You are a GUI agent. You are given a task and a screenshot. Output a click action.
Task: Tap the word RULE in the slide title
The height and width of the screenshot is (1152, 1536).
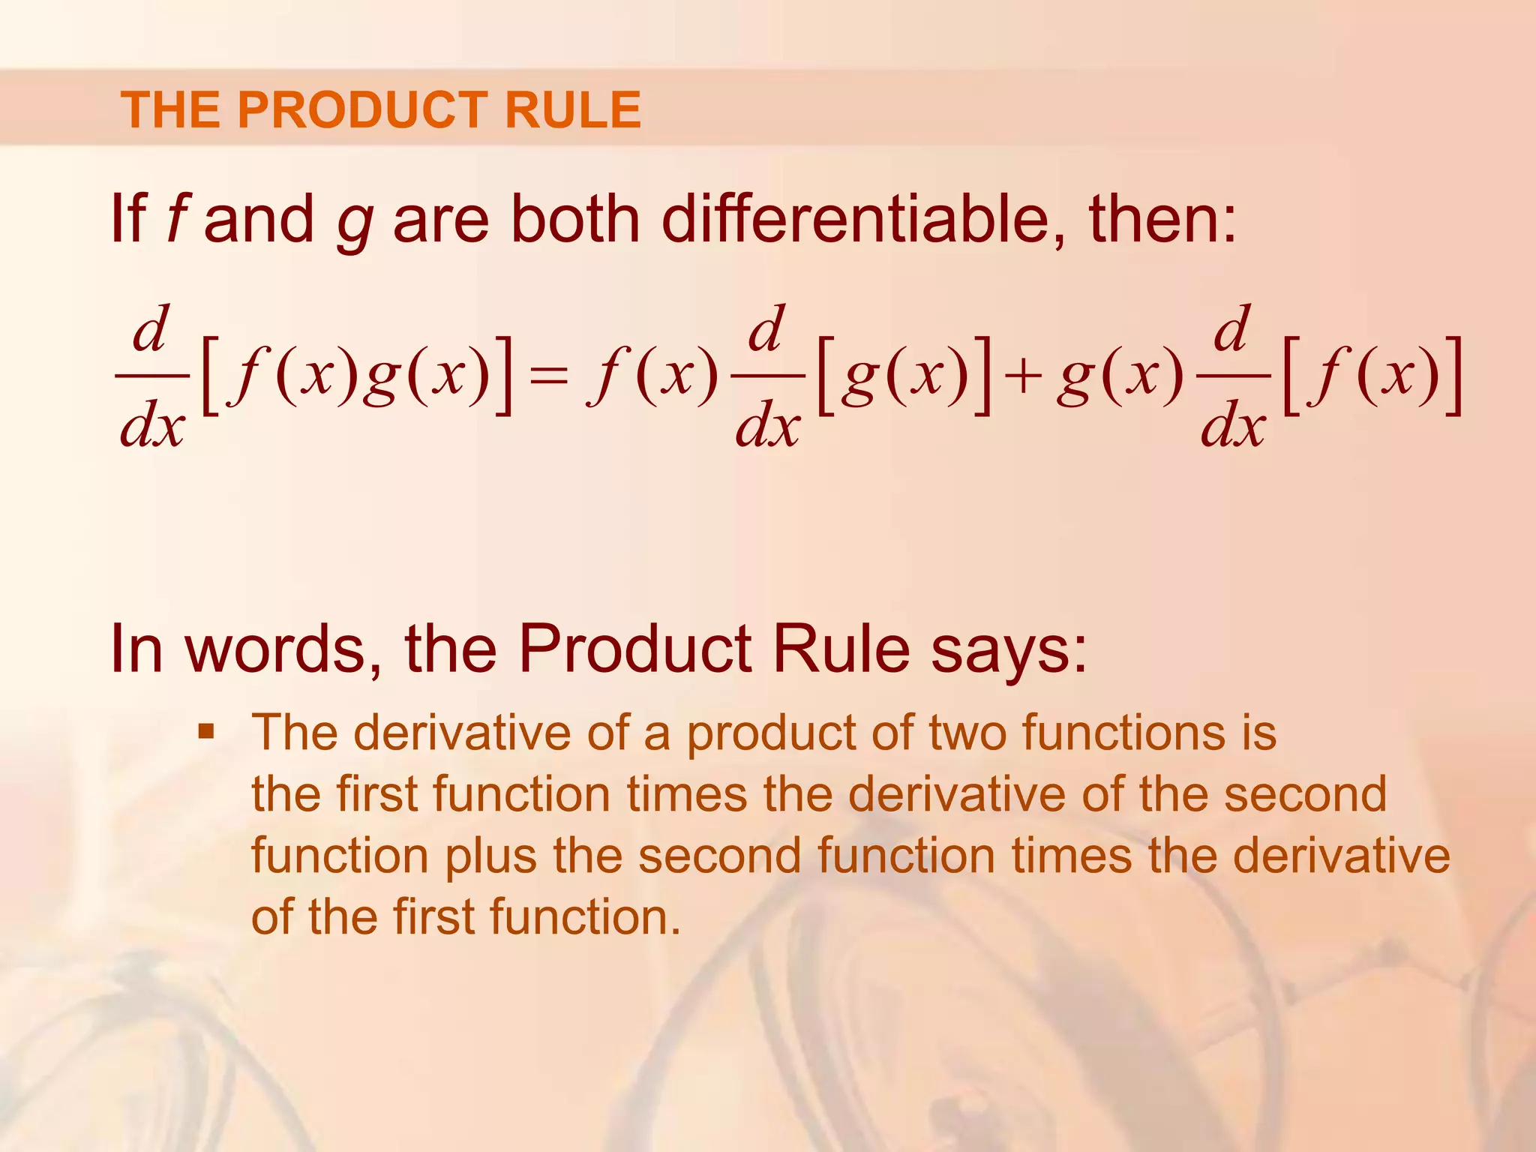(x=572, y=110)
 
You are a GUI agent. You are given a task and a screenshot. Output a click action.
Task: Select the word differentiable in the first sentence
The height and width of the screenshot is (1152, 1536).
(x=854, y=219)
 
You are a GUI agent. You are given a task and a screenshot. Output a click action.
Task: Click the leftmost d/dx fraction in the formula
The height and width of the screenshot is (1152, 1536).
(x=152, y=375)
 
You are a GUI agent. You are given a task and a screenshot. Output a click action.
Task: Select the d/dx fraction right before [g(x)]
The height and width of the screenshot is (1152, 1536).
(x=767, y=375)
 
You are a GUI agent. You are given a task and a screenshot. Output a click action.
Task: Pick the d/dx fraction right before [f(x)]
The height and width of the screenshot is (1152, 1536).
(x=1233, y=375)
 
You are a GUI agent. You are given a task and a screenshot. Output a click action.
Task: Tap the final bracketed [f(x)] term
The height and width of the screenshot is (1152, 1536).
(x=1372, y=375)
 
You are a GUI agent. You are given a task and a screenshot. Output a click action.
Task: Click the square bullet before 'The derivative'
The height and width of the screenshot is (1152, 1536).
(x=206, y=730)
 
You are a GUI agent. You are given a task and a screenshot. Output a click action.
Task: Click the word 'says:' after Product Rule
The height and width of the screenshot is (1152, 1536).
(x=1009, y=649)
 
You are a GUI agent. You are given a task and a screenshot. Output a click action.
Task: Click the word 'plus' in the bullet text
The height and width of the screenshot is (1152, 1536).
(x=491, y=856)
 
